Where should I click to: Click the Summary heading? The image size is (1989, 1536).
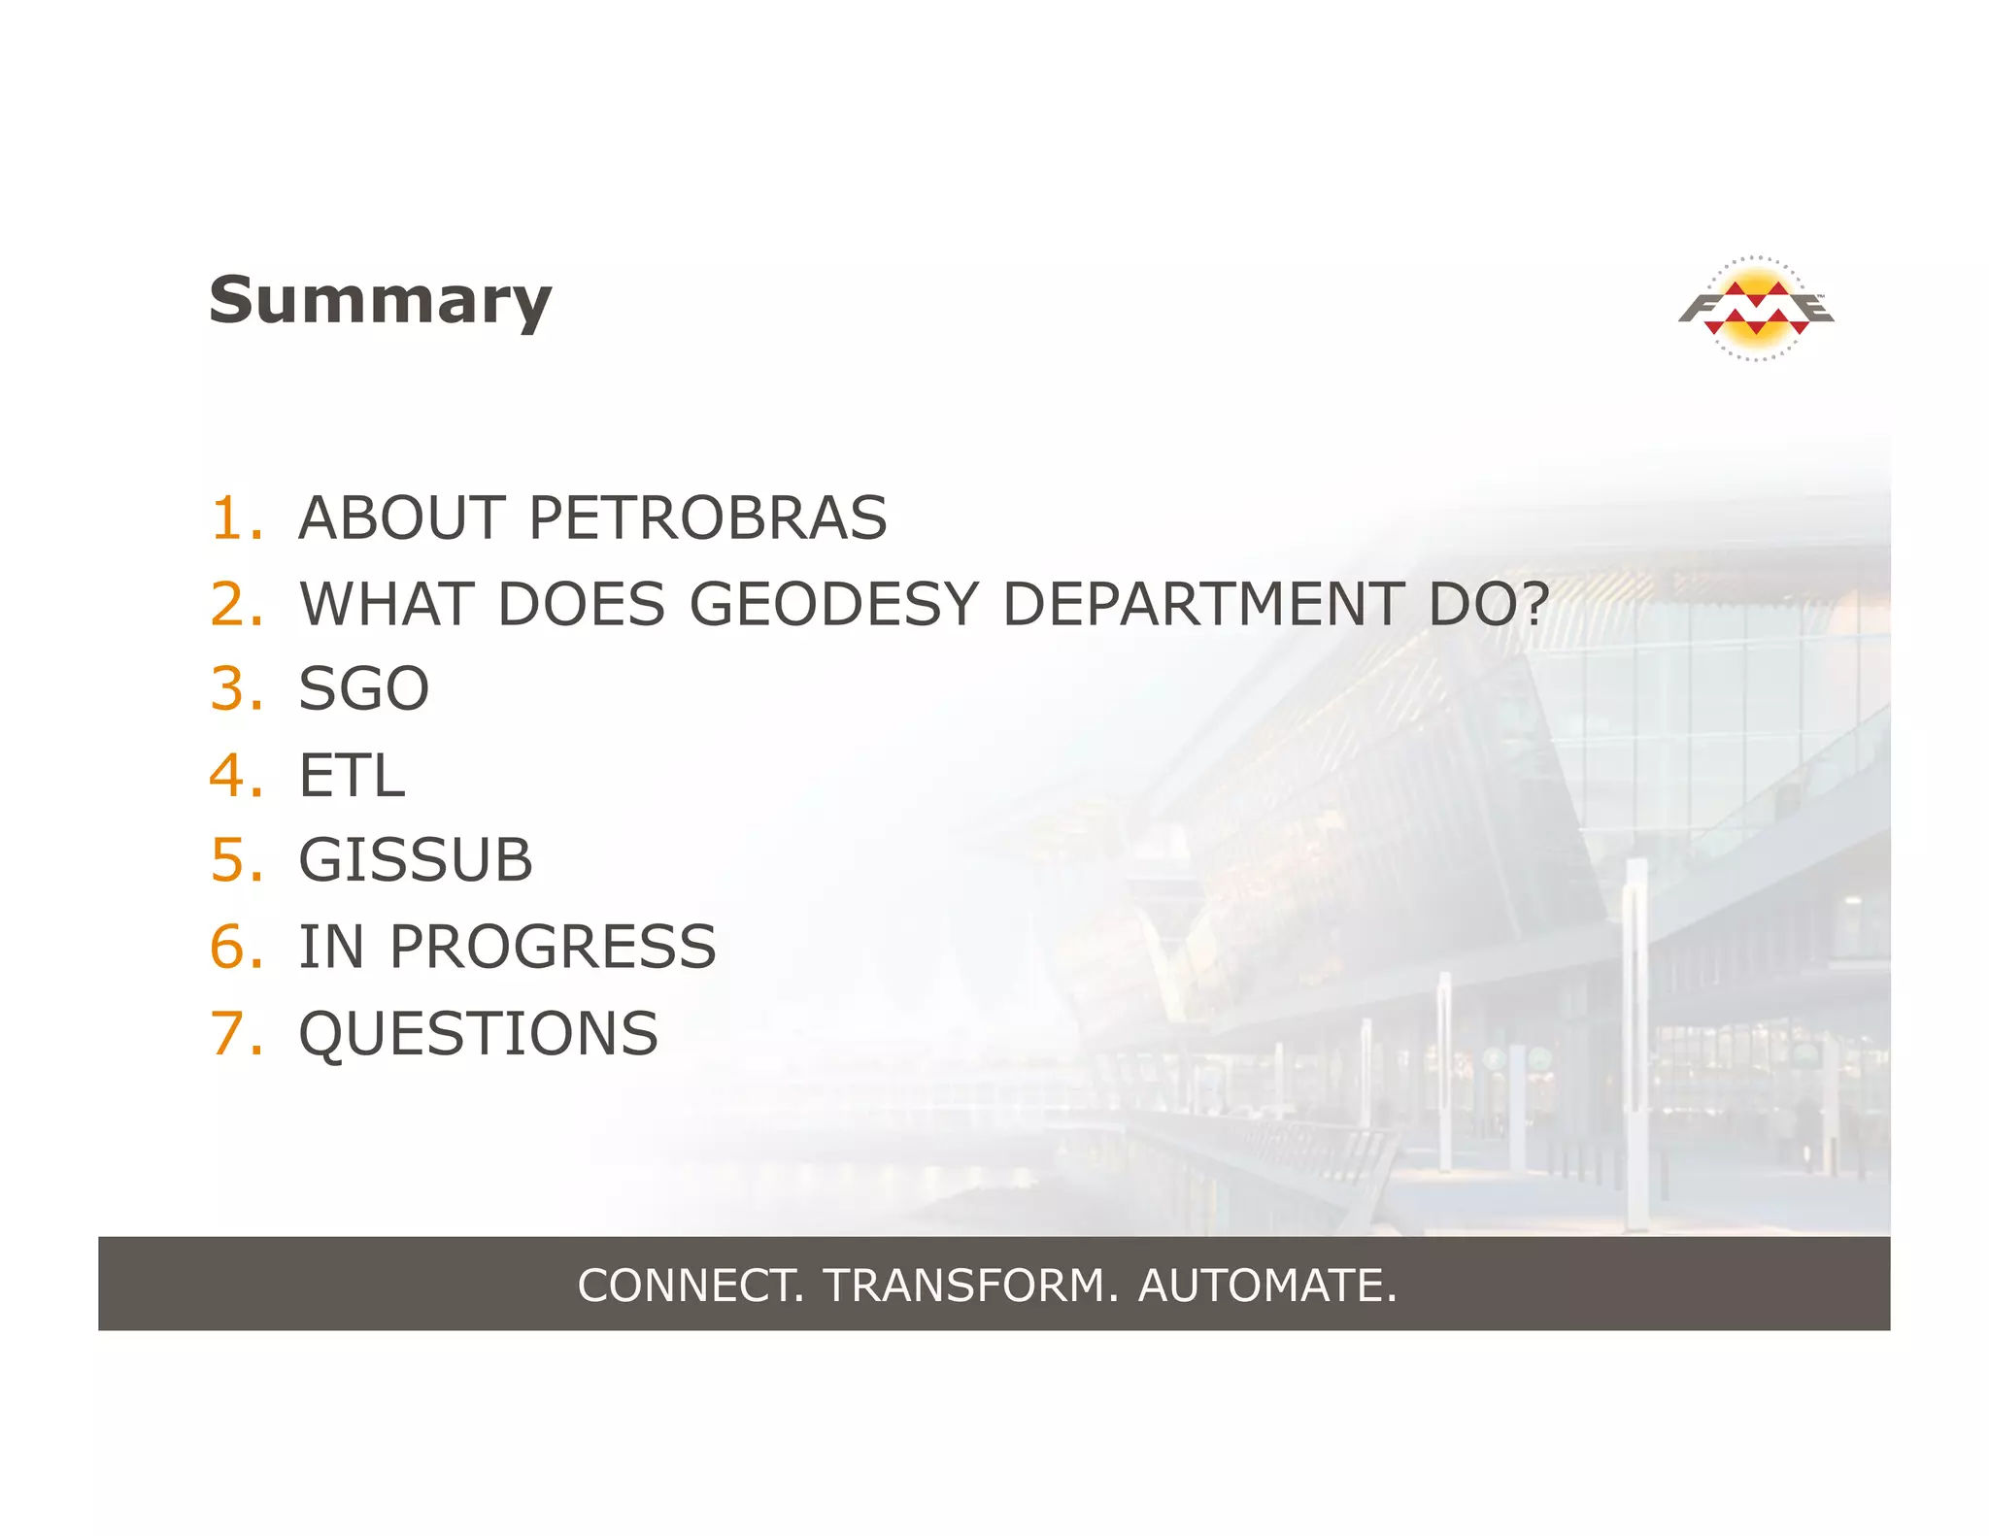point(380,300)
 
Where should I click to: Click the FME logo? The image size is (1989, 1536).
point(1756,309)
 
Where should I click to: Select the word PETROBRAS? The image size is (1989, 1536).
point(707,518)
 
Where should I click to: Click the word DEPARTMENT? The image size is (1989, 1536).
point(1202,604)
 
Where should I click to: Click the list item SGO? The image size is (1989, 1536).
point(363,689)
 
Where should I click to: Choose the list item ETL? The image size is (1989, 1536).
point(352,776)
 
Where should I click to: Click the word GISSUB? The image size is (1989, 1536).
point(416,861)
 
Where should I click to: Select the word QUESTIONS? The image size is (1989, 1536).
point(478,1033)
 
